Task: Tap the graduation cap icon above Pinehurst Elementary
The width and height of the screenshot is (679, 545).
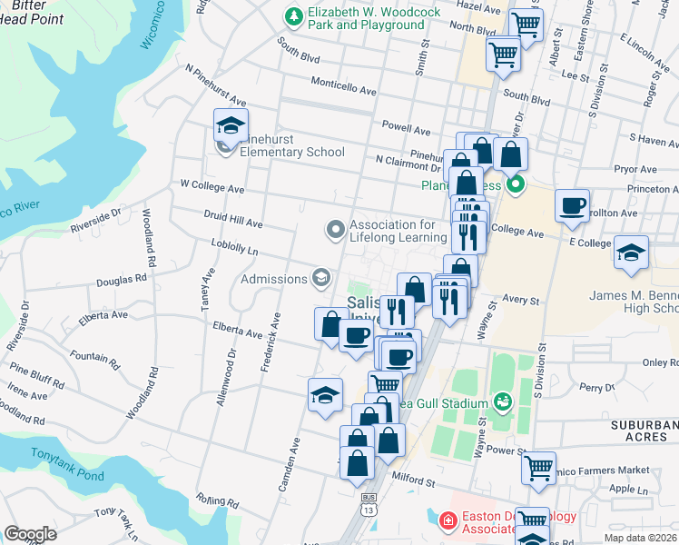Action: [231, 126]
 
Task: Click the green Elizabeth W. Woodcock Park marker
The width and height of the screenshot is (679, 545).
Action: [293, 16]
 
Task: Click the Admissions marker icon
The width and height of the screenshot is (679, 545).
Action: [320, 277]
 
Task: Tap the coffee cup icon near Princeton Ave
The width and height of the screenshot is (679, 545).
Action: [572, 206]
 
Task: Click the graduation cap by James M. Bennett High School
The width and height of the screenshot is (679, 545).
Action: [630, 253]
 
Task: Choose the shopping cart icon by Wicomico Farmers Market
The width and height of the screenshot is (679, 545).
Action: [538, 468]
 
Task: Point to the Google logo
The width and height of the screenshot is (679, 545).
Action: [31, 534]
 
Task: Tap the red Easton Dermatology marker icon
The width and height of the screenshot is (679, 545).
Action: [447, 521]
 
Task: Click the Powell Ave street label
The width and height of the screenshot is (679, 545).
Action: [406, 130]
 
